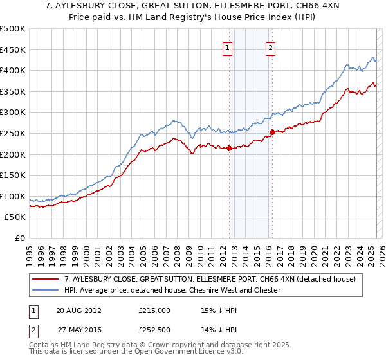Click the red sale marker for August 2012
230,148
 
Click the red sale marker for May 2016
272,132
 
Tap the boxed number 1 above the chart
228,47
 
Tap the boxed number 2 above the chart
270,47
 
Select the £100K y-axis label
13,196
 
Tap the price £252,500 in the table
154,330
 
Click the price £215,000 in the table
154,310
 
